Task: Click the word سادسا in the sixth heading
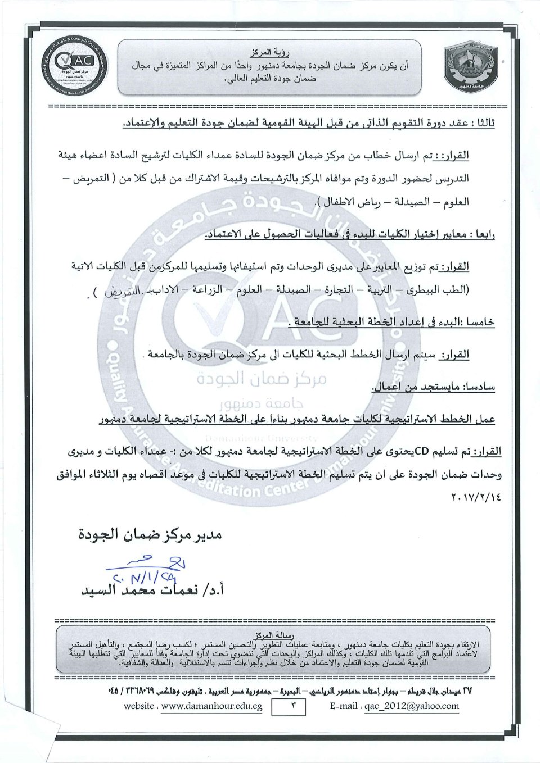480,388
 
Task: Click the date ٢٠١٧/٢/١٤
474,498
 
